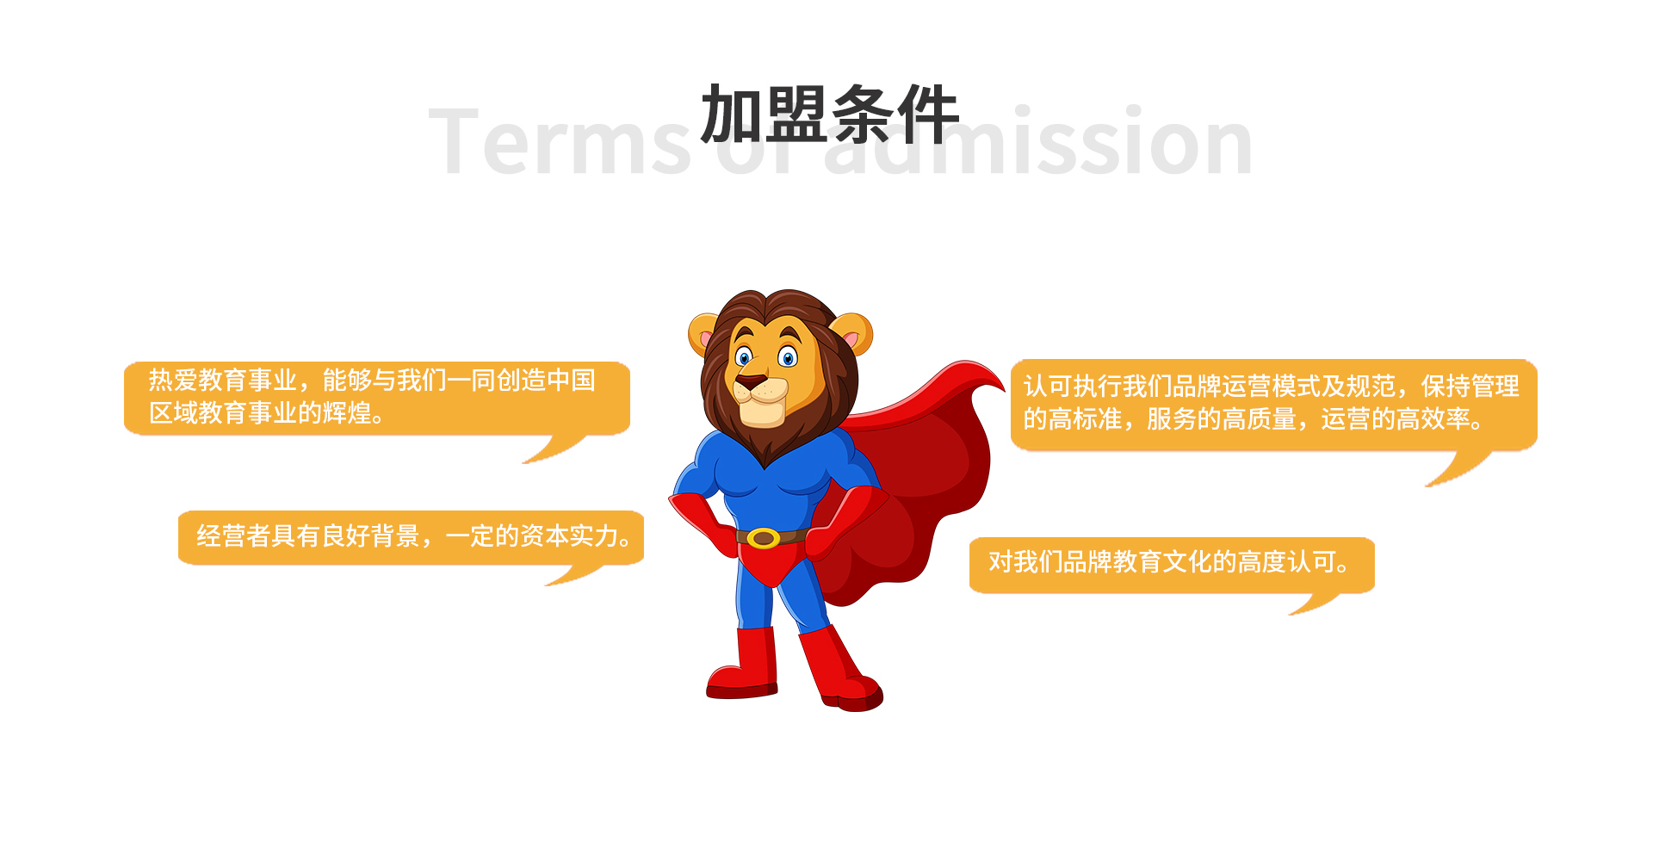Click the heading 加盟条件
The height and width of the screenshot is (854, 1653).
click(x=830, y=114)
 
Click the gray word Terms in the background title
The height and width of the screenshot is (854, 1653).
click(x=560, y=142)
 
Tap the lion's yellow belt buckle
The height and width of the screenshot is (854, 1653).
click(x=763, y=538)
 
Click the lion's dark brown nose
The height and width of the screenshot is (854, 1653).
click(x=751, y=381)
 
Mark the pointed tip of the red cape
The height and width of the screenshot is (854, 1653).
click(x=1003, y=387)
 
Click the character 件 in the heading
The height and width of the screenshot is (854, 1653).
click(x=928, y=114)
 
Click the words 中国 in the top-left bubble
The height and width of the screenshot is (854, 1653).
click(x=571, y=380)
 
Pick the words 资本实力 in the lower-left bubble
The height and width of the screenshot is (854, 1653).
click(x=569, y=535)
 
